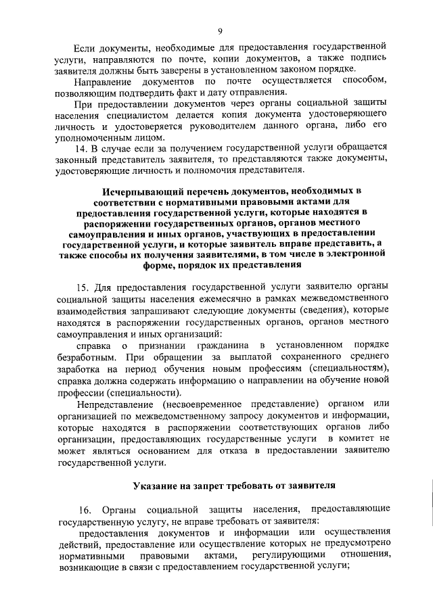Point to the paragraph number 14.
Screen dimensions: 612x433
pos(84,146)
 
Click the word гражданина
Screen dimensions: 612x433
pos(208,345)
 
